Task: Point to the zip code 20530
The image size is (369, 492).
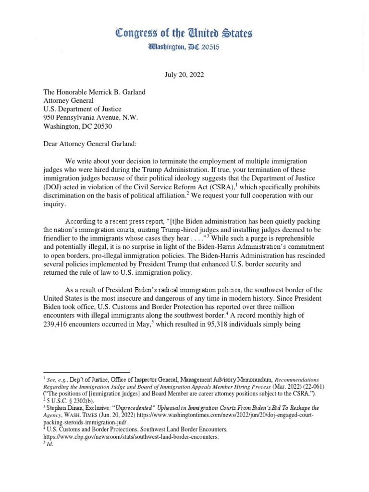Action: (108, 125)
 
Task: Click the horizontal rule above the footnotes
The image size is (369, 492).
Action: (86, 372)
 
